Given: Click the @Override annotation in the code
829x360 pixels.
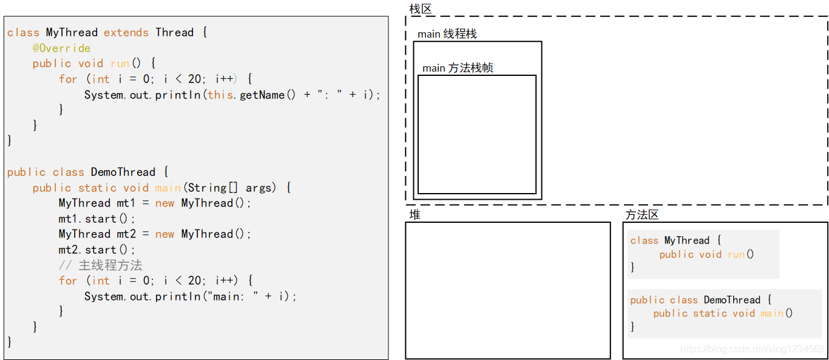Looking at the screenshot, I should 61,48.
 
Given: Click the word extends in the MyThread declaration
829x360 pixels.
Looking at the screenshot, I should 126,32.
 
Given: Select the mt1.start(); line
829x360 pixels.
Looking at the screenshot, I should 97,219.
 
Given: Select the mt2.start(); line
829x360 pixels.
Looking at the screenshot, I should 97,250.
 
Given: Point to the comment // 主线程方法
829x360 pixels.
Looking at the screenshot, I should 100,265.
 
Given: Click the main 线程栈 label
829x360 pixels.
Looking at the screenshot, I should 447,34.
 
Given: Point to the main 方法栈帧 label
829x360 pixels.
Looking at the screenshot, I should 458,68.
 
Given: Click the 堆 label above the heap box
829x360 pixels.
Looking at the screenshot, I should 414,214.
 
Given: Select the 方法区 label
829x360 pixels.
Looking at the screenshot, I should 641,214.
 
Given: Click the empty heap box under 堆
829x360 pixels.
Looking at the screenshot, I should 507,290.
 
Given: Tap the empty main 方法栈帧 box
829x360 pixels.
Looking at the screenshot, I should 476,134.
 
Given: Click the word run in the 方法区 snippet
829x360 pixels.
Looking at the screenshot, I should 736,254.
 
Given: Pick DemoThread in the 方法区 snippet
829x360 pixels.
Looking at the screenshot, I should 732,300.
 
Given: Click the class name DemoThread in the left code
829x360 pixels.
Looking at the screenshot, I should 123,172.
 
